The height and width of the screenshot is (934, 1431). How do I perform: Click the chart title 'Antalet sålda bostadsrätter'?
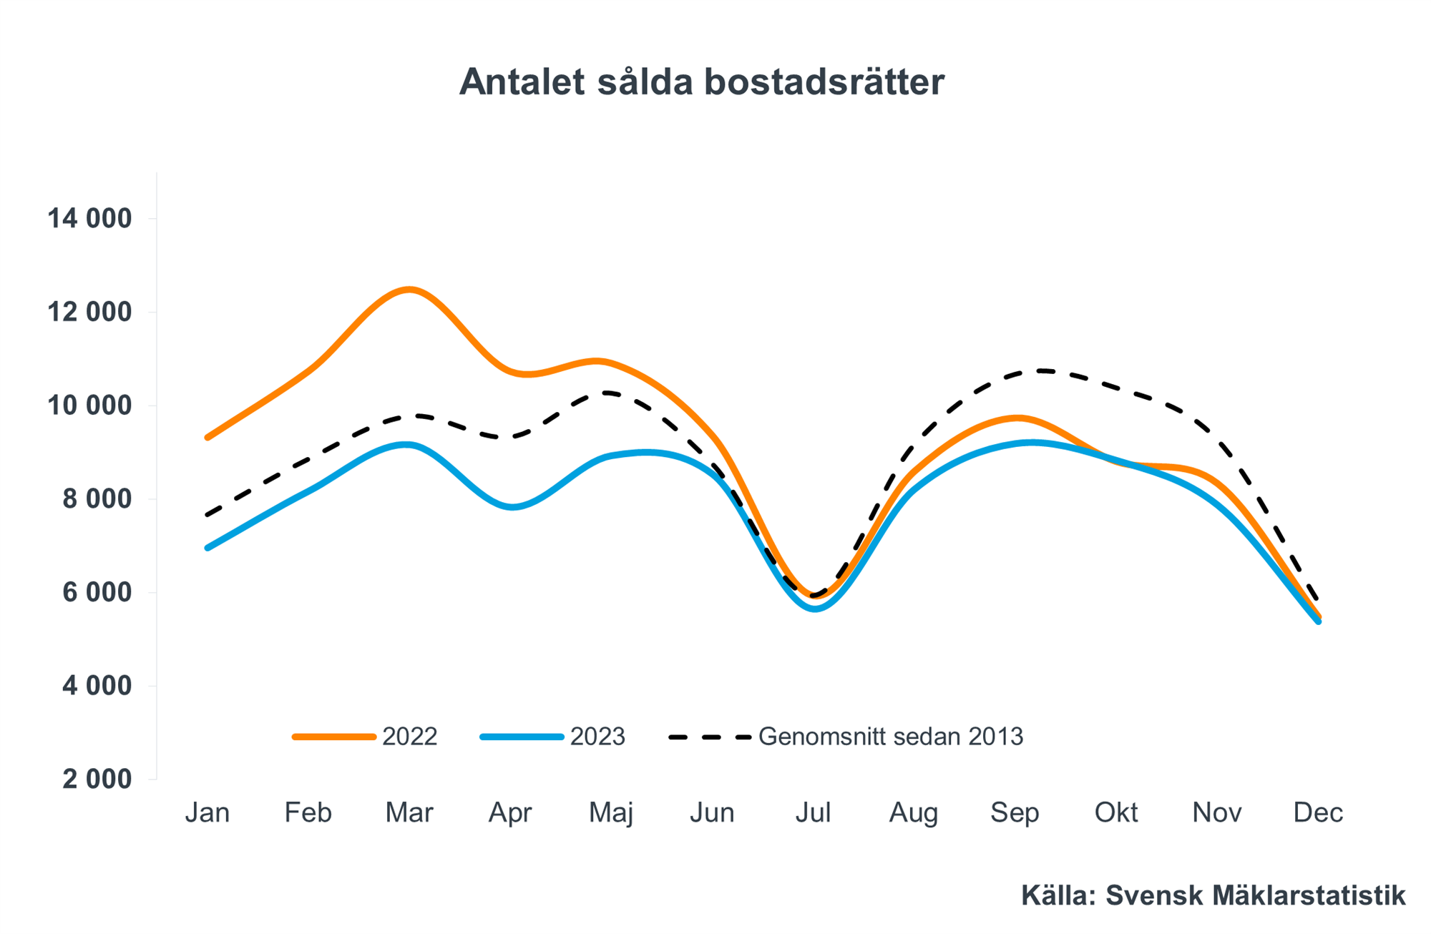pos(701,82)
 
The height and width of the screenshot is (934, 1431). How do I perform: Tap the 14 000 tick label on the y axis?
pos(90,218)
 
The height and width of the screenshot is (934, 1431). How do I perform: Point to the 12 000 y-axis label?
pos(90,312)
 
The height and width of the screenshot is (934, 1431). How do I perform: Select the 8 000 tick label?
pos(97,498)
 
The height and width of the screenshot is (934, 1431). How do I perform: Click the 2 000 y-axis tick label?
pos(97,779)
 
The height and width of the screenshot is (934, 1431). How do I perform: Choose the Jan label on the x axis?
pos(207,812)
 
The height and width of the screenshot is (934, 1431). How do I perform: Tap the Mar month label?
pos(409,812)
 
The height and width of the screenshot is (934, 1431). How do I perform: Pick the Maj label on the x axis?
pos(611,813)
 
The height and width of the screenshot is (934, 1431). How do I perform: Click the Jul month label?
pos(813,812)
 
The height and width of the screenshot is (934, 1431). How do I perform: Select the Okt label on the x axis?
pos(1115,812)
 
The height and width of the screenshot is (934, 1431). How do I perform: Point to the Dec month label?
pos(1318,812)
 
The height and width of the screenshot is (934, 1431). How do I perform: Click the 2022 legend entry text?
pos(409,737)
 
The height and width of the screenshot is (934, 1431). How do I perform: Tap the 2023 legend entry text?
pos(597,737)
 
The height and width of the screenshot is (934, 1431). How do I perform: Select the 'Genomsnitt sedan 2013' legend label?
pos(891,737)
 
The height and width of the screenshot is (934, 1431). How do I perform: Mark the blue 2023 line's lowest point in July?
pos(816,609)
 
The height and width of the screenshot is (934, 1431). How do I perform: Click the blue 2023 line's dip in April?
pos(514,507)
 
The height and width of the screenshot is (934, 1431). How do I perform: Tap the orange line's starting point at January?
pos(207,437)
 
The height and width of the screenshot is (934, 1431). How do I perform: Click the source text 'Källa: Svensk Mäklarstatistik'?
pos(1213,895)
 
